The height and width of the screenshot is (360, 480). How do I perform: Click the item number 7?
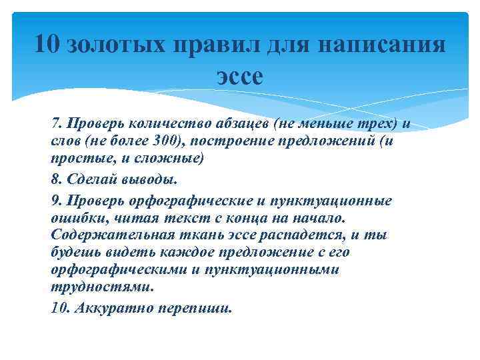(55, 123)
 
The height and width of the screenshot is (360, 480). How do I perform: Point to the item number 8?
(55, 180)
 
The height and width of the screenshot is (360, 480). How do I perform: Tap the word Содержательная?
(111, 235)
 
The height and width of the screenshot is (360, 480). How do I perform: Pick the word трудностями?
(101, 287)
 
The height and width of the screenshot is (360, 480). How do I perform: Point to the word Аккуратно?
(110, 308)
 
